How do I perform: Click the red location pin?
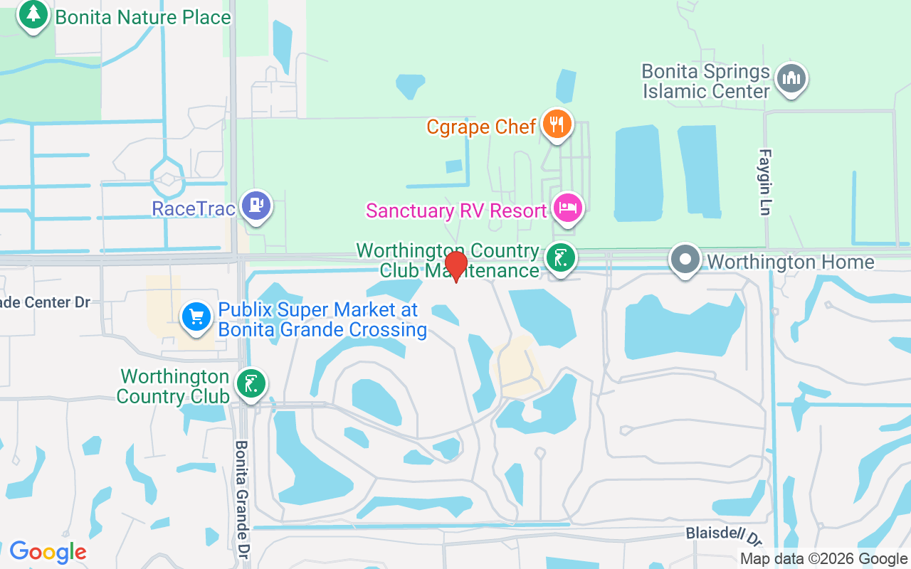pos(456,266)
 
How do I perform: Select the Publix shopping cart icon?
pos(196,317)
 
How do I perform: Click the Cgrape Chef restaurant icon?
pos(557,124)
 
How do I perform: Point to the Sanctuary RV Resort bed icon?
pos(568,208)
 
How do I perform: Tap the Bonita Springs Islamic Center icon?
pos(791,78)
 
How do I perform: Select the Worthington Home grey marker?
pos(685,260)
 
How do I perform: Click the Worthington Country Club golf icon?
pos(251,384)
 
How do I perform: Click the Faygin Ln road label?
pos(766,181)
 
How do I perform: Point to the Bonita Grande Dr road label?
pos(243,498)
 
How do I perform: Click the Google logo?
pos(48,552)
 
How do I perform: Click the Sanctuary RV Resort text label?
pos(456,211)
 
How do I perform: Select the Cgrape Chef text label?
pos(481,127)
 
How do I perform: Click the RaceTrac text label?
pos(194,208)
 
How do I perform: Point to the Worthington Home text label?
pos(790,262)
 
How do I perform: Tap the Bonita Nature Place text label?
pos(143,17)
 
